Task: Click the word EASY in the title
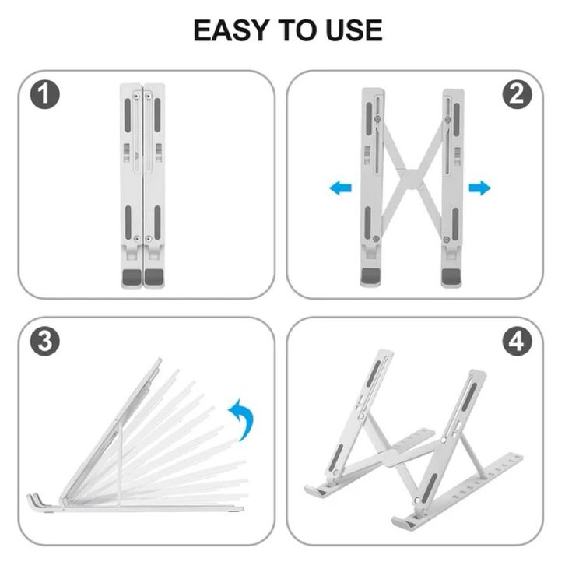[232, 30]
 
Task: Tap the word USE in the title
[354, 30]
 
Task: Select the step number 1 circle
[44, 94]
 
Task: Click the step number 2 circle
[517, 94]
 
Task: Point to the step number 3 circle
[44, 341]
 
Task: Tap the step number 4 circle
[517, 341]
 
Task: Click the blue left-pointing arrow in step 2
[341, 188]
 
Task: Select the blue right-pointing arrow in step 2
[479, 188]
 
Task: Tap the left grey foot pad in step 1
[132, 276]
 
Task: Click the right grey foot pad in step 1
[154, 276]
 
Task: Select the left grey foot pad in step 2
[370, 275]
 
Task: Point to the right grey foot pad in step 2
[451, 276]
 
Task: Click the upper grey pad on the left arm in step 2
[369, 119]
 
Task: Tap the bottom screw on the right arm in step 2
[447, 239]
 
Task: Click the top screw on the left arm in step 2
[377, 119]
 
